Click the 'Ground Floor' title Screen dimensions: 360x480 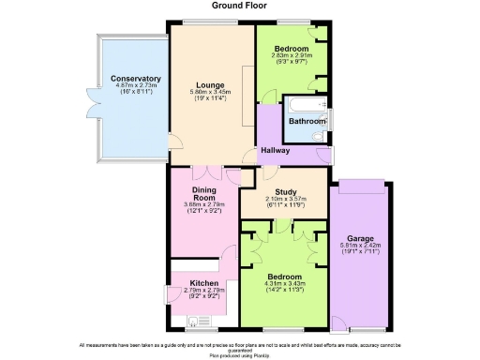point(240,7)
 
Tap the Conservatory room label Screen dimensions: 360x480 point(135,79)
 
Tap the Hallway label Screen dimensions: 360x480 point(275,151)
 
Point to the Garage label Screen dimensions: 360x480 point(360,238)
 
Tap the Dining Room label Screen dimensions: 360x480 point(204,194)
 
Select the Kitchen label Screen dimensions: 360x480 point(204,282)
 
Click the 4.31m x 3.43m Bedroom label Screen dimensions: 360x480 point(284,277)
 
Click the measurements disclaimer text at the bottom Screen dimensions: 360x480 point(240,347)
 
